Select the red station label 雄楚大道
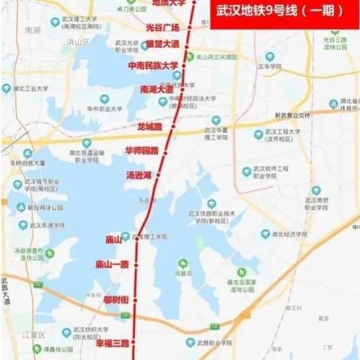(163, 44)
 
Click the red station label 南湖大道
(156, 89)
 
